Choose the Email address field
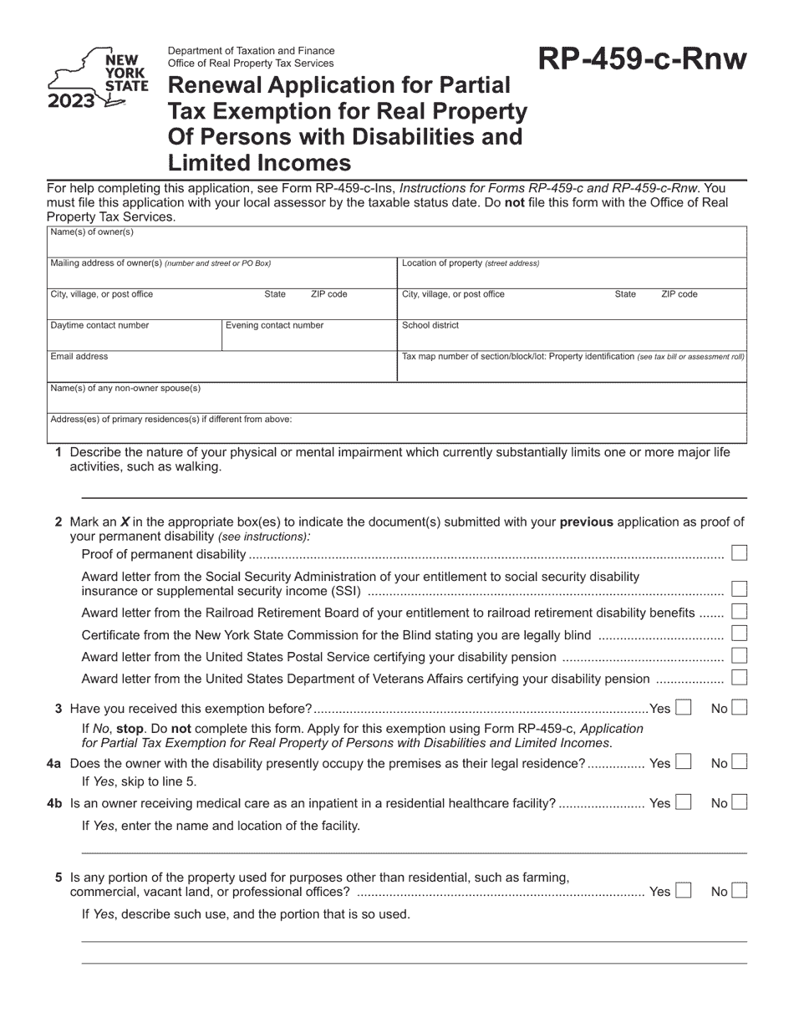(221, 369)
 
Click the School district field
(572, 337)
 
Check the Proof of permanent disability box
(739, 553)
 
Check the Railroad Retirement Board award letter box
(739, 613)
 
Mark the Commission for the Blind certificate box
(739, 634)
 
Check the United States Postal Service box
(739, 656)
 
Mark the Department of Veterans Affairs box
(739, 678)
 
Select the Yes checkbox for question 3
(683, 709)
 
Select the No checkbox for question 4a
(739, 763)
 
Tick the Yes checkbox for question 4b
(683, 803)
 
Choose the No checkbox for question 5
(739, 892)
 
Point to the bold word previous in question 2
(586, 522)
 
